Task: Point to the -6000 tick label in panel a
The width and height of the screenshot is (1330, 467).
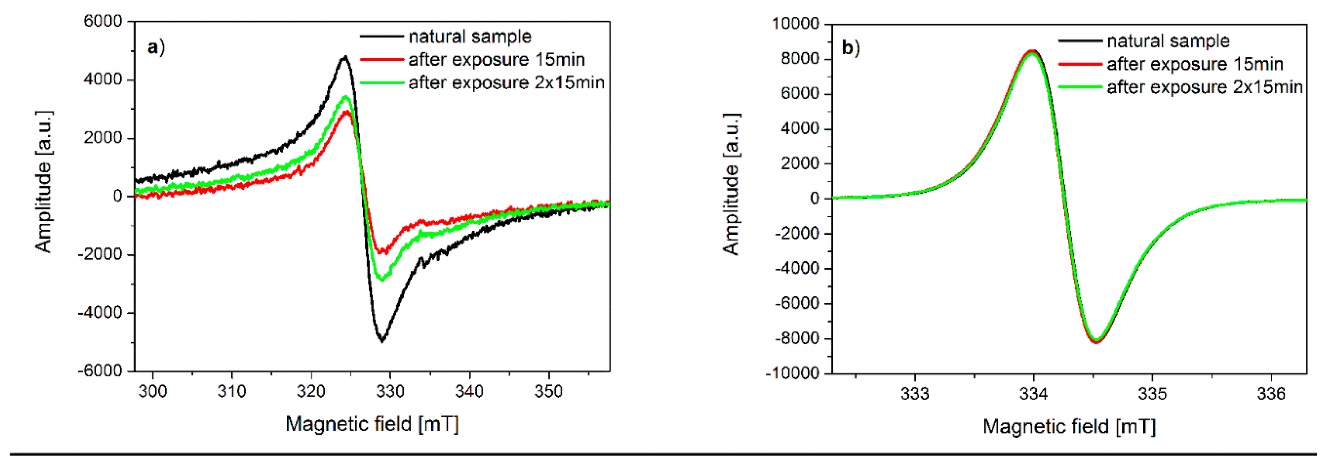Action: pyautogui.click(x=100, y=371)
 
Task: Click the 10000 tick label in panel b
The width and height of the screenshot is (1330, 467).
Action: pyautogui.click(x=795, y=24)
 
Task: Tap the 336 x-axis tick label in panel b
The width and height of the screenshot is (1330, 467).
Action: pyautogui.click(x=1271, y=394)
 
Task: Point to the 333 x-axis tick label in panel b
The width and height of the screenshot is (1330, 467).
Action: pyautogui.click(x=915, y=394)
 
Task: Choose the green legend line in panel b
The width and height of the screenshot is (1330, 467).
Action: pyautogui.click(x=1080, y=87)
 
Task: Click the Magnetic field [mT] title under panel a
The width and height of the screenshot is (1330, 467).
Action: pyautogui.click(x=372, y=424)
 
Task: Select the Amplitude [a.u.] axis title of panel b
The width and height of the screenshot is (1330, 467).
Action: pyautogui.click(x=731, y=184)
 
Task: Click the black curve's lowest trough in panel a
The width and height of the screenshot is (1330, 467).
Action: pyautogui.click(x=382, y=341)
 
